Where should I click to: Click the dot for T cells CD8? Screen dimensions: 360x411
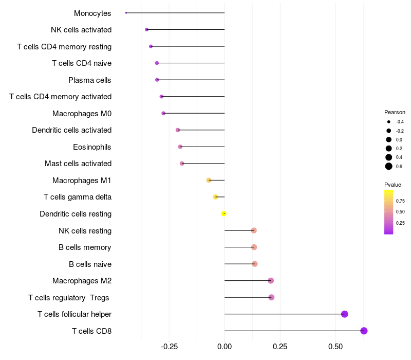click(x=364, y=331)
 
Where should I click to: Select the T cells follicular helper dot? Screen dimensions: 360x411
click(x=345, y=314)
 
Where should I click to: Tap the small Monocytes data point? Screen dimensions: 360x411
click(x=126, y=13)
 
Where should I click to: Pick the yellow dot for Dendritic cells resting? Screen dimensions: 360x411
click(x=224, y=213)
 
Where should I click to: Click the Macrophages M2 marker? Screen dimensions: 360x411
click(x=271, y=281)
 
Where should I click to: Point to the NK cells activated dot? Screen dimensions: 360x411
click(x=147, y=30)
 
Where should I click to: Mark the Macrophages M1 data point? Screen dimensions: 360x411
click(x=209, y=180)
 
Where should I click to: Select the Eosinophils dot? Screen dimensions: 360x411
click(x=180, y=147)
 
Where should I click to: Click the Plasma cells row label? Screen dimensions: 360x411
click(x=90, y=80)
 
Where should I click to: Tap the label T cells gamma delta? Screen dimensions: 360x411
click(x=78, y=197)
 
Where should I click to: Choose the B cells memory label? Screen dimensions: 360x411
click(x=85, y=247)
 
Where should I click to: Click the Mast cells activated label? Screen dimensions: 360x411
click(x=78, y=164)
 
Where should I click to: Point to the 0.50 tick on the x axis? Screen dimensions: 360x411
click(x=335, y=347)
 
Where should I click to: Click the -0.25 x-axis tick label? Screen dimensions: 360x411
click(x=169, y=347)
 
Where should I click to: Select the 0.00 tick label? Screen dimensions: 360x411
click(x=225, y=347)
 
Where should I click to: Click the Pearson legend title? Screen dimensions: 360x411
click(x=395, y=112)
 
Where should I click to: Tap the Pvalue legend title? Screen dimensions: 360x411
click(x=393, y=185)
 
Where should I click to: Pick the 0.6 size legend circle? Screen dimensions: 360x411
click(x=389, y=166)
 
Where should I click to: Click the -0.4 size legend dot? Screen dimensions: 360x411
click(x=389, y=122)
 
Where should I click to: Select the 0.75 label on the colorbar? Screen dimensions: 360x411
click(x=400, y=201)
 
